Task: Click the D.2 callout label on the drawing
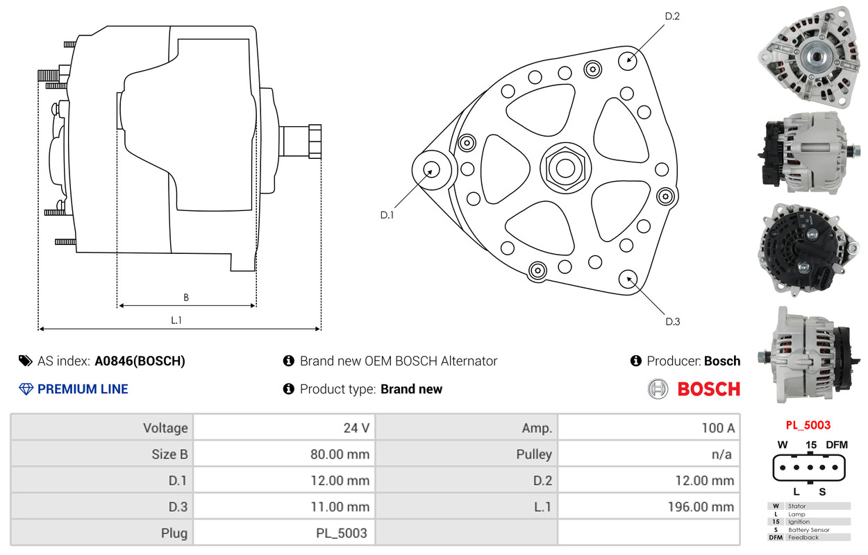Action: pyautogui.click(x=672, y=16)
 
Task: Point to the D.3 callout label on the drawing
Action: pyautogui.click(x=673, y=322)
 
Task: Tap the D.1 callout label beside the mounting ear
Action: pyautogui.click(x=387, y=215)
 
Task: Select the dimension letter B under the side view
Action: pyautogui.click(x=186, y=297)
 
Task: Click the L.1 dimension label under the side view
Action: pyautogui.click(x=176, y=320)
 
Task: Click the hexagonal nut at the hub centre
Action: pyautogui.click(x=565, y=169)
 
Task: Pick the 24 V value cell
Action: pyautogui.click(x=356, y=427)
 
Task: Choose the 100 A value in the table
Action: pyautogui.click(x=718, y=427)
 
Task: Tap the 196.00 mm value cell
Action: pyautogui.click(x=701, y=506)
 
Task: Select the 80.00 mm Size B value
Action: pyautogui.click(x=340, y=454)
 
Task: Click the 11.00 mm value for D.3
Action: pyautogui.click(x=340, y=506)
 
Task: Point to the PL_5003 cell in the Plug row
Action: pyautogui.click(x=342, y=533)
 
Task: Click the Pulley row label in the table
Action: pyautogui.click(x=534, y=454)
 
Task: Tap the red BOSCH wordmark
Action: pyautogui.click(x=709, y=389)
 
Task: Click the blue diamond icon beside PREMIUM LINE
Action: pyautogui.click(x=26, y=389)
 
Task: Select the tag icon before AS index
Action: pyautogui.click(x=26, y=361)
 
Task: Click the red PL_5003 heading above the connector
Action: pyautogui.click(x=808, y=425)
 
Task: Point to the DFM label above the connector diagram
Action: pyautogui.click(x=837, y=445)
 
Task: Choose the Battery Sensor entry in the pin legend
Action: pyautogui.click(x=809, y=530)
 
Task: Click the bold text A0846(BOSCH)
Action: pyautogui.click(x=140, y=361)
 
